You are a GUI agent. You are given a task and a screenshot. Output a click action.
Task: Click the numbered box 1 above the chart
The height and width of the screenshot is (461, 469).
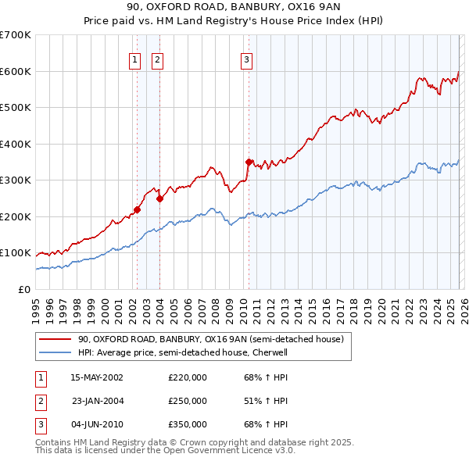click(x=134, y=59)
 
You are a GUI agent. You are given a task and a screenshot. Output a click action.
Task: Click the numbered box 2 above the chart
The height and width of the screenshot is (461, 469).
click(x=157, y=59)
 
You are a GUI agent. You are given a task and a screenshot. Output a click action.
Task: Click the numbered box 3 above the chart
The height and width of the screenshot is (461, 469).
click(x=246, y=59)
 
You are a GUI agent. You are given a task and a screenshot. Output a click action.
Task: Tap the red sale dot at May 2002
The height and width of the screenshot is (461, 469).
click(x=137, y=209)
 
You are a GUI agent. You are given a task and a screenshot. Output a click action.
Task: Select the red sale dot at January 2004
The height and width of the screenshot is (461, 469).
click(x=159, y=198)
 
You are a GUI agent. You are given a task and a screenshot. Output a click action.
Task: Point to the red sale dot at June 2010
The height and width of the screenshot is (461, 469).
click(x=249, y=163)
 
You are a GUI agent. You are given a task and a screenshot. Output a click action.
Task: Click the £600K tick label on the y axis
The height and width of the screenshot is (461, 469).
click(x=16, y=71)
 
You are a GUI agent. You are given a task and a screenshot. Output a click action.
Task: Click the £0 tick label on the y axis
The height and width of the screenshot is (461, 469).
click(x=24, y=289)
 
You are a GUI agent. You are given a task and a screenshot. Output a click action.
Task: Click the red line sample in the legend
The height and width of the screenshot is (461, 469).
click(x=55, y=339)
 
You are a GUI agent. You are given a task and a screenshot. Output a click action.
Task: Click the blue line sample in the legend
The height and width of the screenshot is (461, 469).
click(x=55, y=352)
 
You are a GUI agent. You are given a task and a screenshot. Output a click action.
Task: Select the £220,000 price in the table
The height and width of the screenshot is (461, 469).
click(x=188, y=377)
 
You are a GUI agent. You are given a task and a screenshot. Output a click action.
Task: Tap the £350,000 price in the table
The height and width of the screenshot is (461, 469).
click(x=188, y=424)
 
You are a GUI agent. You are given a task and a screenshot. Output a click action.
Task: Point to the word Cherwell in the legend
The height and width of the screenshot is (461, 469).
click(x=270, y=352)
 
